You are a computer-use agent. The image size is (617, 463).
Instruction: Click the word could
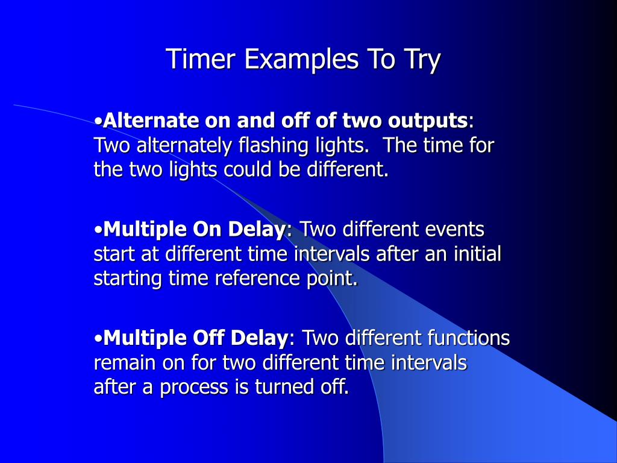point(249,169)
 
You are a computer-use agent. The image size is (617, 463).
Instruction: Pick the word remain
point(123,362)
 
